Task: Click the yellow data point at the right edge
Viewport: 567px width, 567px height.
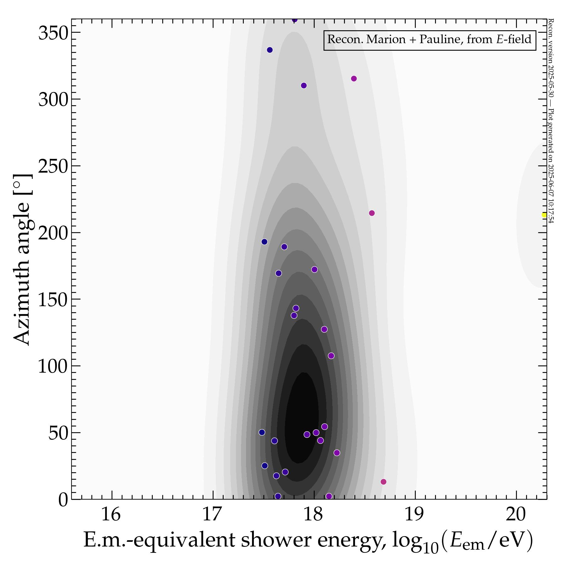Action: tap(544, 215)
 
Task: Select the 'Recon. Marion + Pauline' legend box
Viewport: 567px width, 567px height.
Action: tap(430, 40)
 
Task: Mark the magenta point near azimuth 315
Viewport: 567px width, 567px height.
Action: tap(354, 78)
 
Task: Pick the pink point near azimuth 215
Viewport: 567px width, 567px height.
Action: tap(372, 213)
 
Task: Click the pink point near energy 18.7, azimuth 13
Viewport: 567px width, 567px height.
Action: tap(383, 482)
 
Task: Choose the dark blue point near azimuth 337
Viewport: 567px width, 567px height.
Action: tap(270, 50)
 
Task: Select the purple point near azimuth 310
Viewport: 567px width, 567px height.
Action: tap(304, 85)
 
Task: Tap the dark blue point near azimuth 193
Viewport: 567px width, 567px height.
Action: tap(264, 242)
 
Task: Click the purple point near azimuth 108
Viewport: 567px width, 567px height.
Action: tap(331, 356)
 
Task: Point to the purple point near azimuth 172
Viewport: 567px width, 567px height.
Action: tap(314, 269)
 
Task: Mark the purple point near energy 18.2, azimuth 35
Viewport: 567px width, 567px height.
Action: tap(337, 453)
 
